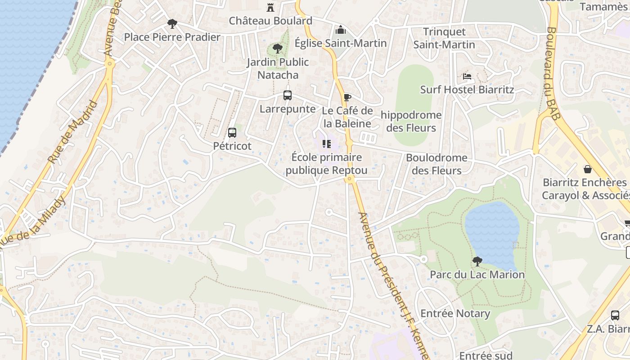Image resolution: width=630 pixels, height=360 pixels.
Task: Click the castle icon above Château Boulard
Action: [270, 7]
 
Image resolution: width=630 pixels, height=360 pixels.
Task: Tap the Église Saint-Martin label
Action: [341, 43]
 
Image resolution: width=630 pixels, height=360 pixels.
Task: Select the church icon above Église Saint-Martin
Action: [341, 30]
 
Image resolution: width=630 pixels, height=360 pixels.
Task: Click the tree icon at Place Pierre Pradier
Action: [171, 23]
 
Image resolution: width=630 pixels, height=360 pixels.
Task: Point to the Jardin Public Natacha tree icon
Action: [278, 48]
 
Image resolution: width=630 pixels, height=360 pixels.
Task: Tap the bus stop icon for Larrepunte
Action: [288, 95]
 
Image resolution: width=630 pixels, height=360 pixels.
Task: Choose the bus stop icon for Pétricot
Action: [232, 133]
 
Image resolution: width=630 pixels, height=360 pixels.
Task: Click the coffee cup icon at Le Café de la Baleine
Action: [347, 97]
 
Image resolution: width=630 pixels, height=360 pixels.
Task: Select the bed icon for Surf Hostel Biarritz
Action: [467, 76]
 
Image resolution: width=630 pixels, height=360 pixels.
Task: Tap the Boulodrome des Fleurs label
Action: [436, 164]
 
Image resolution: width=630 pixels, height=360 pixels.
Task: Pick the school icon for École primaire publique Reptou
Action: [327, 144]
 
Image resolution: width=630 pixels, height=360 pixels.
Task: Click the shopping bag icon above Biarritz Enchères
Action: [587, 169]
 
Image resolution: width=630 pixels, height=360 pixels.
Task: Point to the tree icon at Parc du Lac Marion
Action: [477, 261]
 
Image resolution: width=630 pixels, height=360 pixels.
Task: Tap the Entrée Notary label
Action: [455, 314]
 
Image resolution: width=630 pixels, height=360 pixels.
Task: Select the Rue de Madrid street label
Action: [73, 132]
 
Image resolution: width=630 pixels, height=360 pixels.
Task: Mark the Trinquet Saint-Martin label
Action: [444, 38]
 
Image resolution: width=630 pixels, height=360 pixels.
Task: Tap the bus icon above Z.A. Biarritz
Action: [615, 315]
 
